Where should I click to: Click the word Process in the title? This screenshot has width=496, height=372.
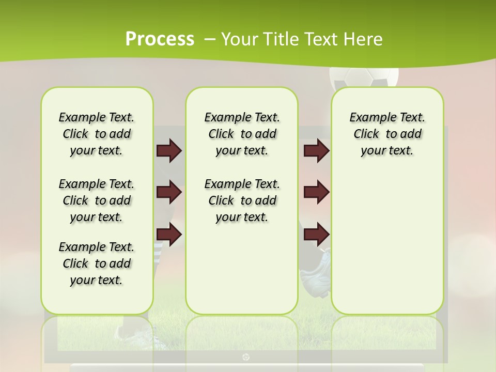point(160,39)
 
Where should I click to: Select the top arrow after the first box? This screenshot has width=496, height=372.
point(169,151)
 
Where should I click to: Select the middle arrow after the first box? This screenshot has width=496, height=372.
point(169,192)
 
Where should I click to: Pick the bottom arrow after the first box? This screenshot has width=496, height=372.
point(169,234)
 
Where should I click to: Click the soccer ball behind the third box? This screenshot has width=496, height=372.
point(364,78)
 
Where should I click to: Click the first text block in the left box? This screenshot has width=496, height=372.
point(97,134)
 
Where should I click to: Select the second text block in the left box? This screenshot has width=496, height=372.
point(97,200)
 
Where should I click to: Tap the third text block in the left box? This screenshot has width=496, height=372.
point(97,263)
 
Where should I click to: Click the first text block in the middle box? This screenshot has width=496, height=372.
point(242,134)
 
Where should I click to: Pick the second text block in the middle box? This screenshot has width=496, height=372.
point(242,200)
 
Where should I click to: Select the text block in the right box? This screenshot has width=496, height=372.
point(387,134)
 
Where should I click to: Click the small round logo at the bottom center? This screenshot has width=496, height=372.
point(246,357)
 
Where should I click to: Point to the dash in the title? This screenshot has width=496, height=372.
point(210,40)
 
